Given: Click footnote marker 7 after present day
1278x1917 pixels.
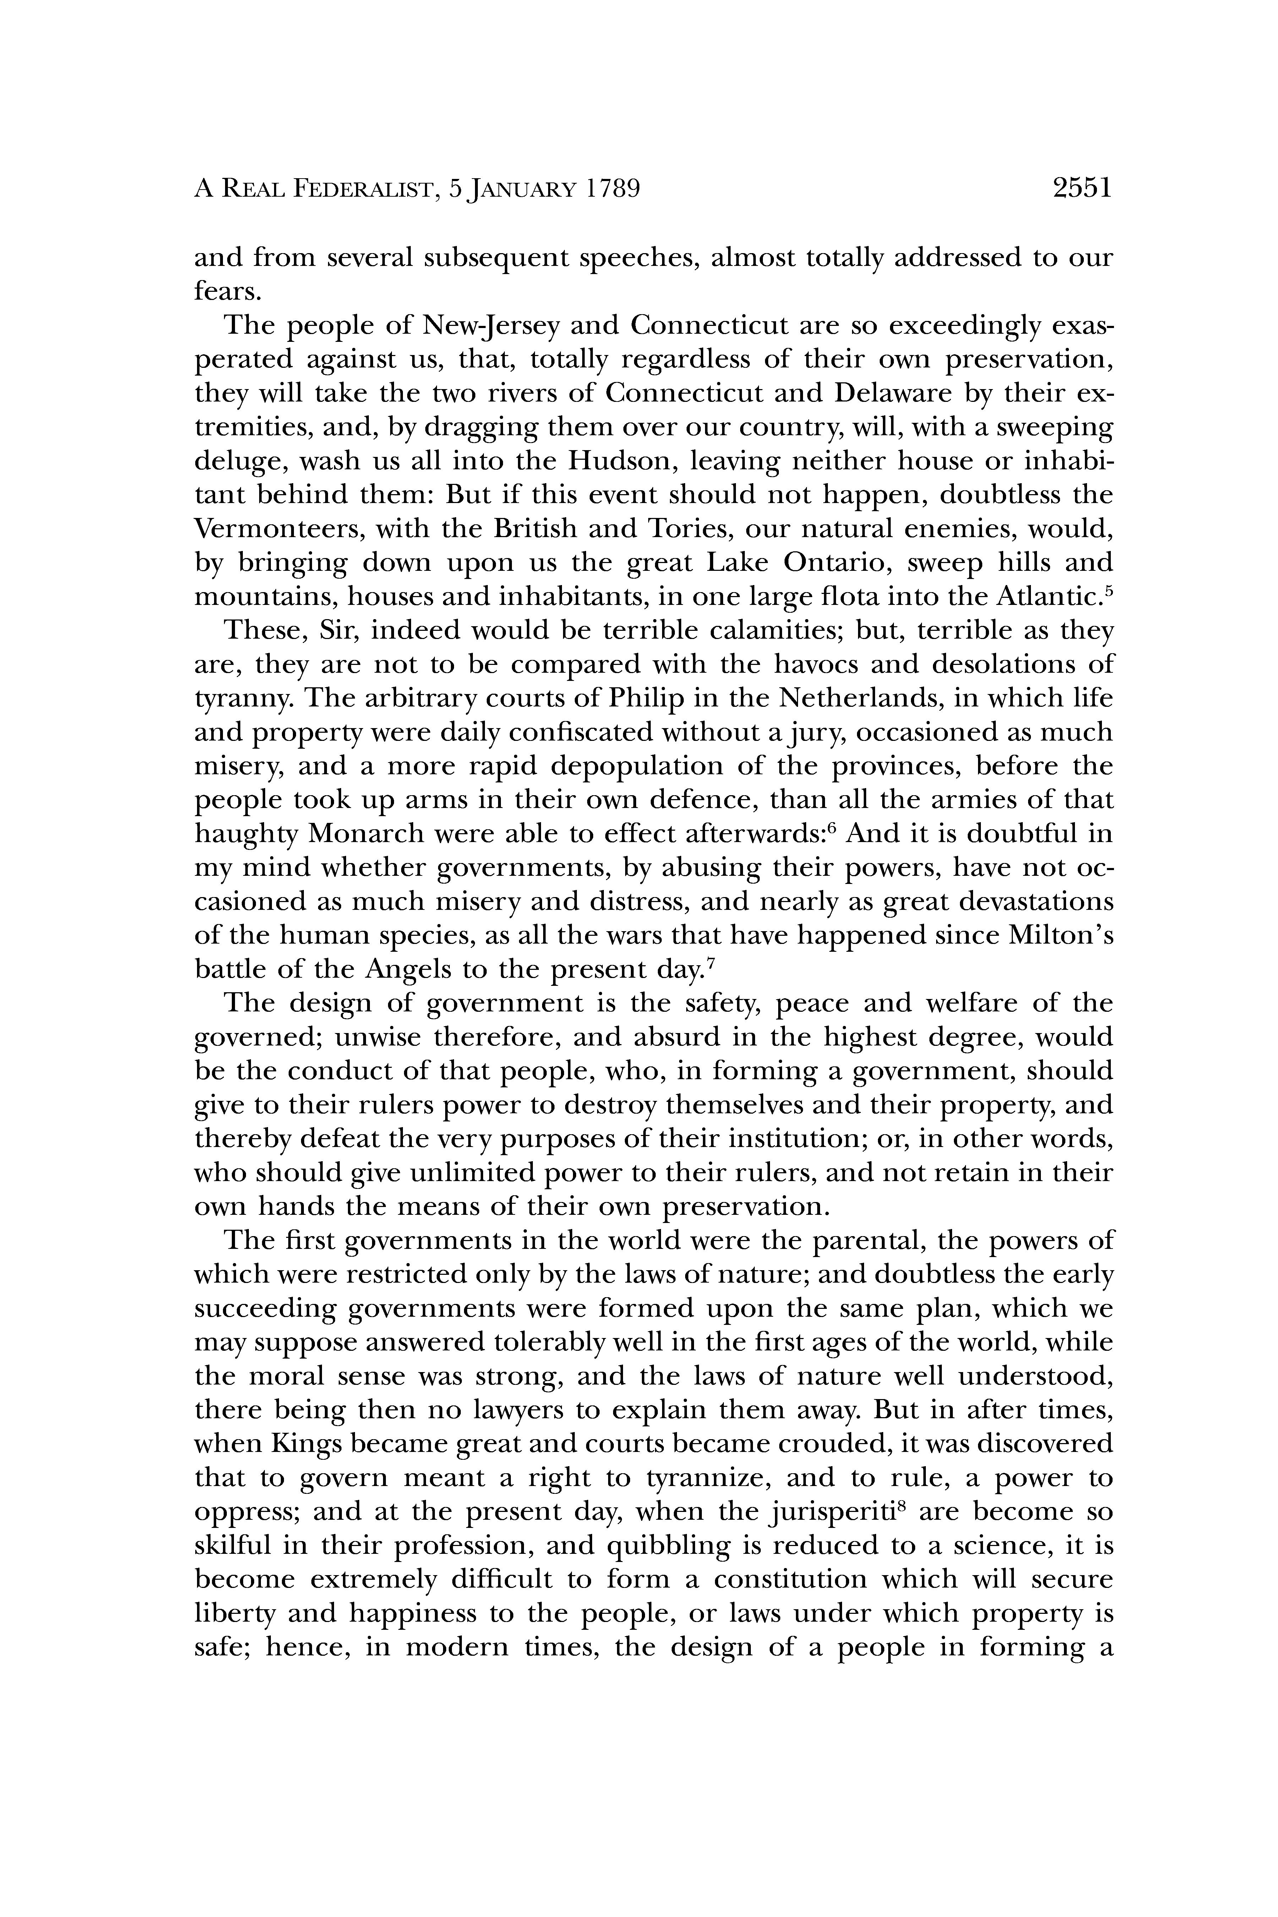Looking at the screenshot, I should (x=711, y=963).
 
